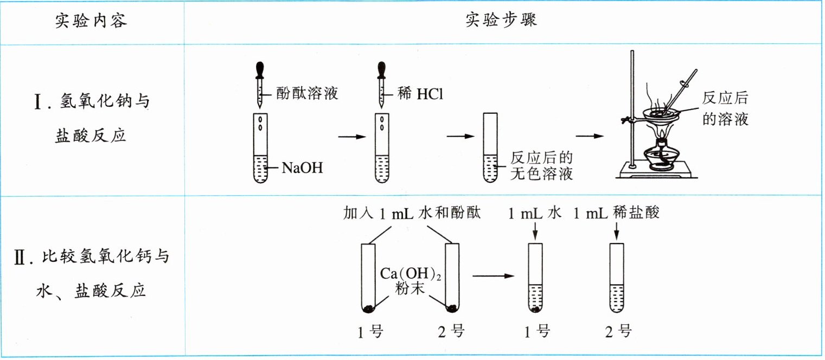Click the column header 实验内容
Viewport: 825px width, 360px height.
pos(91,21)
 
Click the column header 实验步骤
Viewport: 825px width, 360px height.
pos(501,20)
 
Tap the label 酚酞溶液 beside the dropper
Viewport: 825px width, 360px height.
pos(307,93)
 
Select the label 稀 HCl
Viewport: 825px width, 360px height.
pos(420,93)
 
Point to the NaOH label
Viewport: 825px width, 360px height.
pos(302,168)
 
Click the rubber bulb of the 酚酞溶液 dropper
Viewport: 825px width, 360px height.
pos(260,70)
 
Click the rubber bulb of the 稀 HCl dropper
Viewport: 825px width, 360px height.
pos(381,70)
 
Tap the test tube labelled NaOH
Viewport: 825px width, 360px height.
pos(260,148)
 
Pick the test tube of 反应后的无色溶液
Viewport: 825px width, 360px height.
pos(490,147)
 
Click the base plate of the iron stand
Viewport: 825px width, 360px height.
pos(657,171)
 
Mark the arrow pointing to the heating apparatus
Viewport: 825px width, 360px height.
pos(590,136)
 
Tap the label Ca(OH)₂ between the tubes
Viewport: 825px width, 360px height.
pos(410,274)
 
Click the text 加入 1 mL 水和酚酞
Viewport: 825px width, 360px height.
pos(412,213)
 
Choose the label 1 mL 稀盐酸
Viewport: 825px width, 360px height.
pos(616,213)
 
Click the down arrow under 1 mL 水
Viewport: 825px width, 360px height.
pos(535,231)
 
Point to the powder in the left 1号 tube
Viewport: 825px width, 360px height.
pos(368,309)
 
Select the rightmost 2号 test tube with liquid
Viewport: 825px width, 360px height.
pos(617,278)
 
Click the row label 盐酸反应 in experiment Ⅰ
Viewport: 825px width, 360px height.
pos(91,136)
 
